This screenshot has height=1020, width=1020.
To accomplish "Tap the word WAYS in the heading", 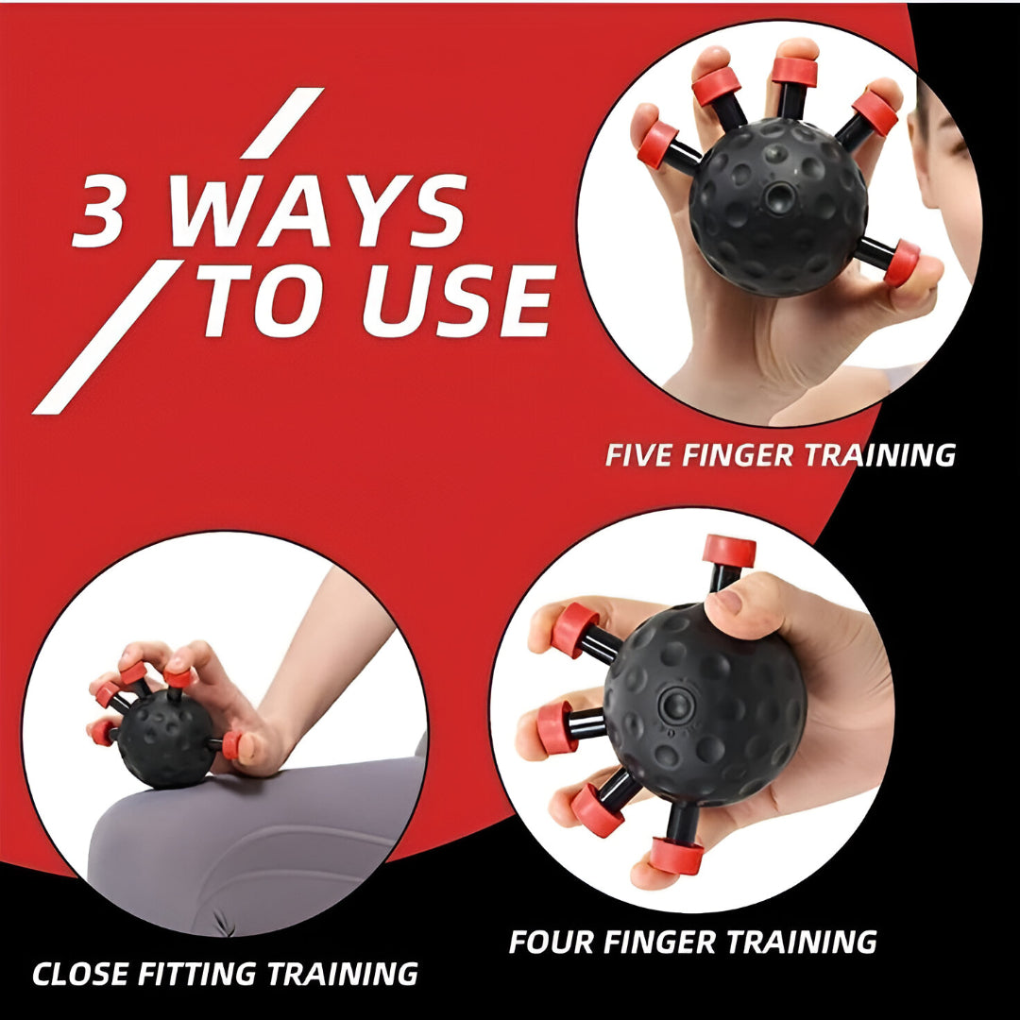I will [x=317, y=210].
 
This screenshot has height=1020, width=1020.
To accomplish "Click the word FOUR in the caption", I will [x=552, y=942].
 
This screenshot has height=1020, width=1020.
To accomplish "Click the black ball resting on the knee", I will [x=165, y=738].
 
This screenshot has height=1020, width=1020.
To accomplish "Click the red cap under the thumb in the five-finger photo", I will [x=902, y=263].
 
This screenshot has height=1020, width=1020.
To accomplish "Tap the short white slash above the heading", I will [x=281, y=123].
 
